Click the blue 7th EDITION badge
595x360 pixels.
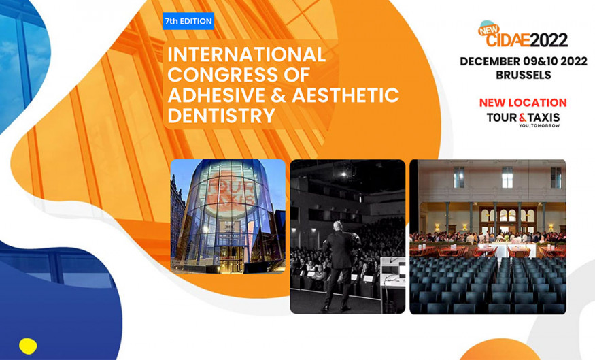click(188, 21)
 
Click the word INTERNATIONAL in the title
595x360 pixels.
click(247, 54)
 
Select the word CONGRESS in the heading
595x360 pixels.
click(223, 75)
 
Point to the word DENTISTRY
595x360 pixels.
click(221, 116)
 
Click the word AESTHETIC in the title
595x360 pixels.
click(345, 95)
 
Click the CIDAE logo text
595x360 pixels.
click(507, 39)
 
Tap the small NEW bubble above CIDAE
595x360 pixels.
click(489, 29)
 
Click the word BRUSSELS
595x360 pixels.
click(524, 75)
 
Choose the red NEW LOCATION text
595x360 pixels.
click(523, 103)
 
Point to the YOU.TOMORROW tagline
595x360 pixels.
click(539, 126)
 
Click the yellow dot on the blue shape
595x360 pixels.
click(28, 346)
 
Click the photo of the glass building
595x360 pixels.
click(228, 216)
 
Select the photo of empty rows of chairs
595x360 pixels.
click(488, 237)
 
